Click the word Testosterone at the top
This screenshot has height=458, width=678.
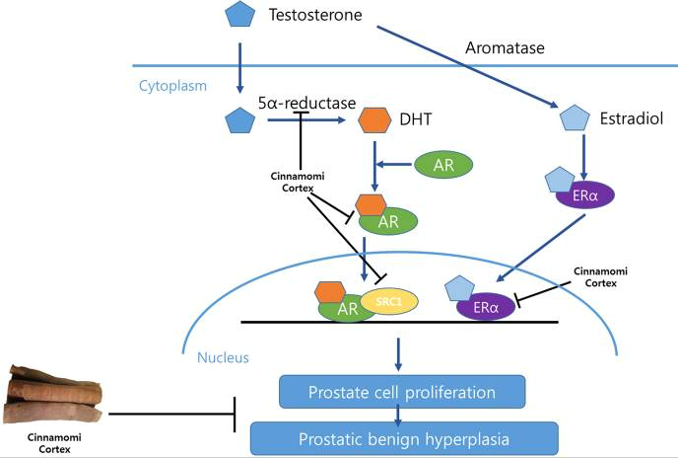click(316, 17)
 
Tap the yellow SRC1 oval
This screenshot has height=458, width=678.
click(391, 300)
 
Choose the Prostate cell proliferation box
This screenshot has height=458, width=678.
click(400, 393)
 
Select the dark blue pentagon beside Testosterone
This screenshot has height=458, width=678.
click(239, 16)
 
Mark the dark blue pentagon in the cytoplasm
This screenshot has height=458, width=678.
click(240, 120)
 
